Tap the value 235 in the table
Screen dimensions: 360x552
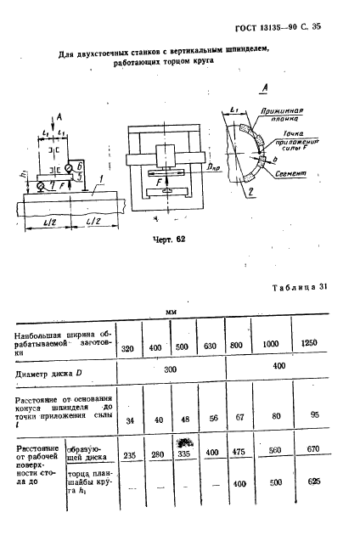click(130, 454)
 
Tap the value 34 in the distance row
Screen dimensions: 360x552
click(128, 419)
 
